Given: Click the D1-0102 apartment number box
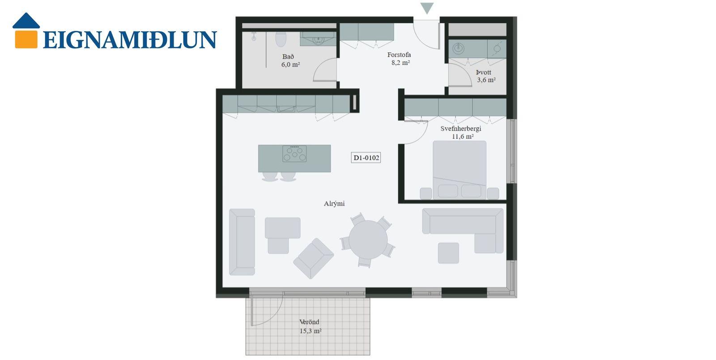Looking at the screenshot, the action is [366, 158].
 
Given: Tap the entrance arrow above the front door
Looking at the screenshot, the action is [427, 8].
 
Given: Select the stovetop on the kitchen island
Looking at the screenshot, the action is [294, 154].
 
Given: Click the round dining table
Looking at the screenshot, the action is [368, 240].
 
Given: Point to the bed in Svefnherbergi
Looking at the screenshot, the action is [460, 170].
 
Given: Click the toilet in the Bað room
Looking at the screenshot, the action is [281, 39].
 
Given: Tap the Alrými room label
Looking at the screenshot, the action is [334, 204].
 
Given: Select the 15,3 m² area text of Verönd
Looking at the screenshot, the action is [311, 331].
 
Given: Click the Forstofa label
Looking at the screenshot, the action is [399, 55].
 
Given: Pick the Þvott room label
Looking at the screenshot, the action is [483, 72].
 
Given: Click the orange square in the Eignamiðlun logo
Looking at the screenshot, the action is [26, 39].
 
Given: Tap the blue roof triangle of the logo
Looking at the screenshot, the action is [26, 21].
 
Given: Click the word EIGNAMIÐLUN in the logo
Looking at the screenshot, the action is [130, 40].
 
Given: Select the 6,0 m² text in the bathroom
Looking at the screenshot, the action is [290, 64].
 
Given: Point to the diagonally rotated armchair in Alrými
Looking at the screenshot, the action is [314, 258].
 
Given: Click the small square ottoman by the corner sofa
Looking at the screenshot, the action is [448, 253].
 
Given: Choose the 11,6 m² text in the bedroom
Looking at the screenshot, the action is [463, 137].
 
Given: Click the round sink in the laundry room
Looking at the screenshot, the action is [458, 49].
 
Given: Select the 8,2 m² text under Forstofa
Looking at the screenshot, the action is [401, 63].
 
